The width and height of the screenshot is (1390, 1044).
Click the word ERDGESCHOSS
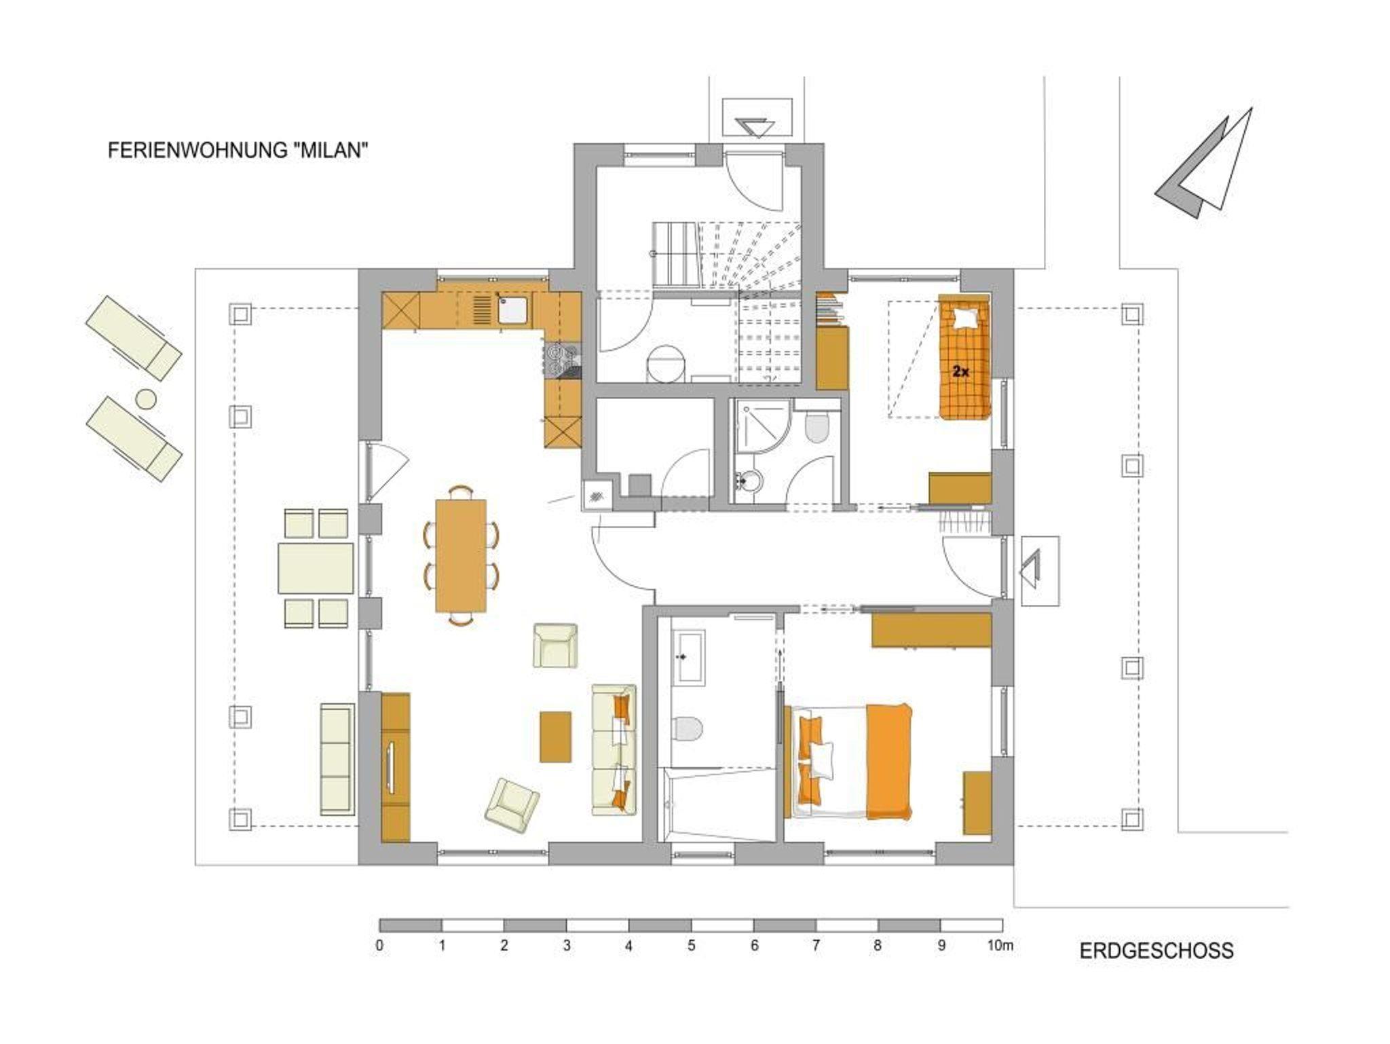(x=1157, y=950)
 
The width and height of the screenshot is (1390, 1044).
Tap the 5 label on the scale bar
(x=691, y=946)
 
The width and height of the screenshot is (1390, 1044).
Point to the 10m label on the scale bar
(x=999, y=946)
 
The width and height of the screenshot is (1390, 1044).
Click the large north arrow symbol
(x=1204, y=164)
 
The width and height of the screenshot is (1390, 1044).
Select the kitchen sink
(x=513, y=310)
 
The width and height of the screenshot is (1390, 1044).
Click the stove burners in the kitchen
(x=563, y=360)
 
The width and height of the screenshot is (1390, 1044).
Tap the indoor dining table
(x=461, y=555)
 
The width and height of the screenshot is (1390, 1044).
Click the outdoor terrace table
(x=316, y=567)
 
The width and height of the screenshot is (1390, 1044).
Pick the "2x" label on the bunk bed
(x=960, y=371)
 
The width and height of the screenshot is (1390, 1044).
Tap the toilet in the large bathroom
(x=688, y=728)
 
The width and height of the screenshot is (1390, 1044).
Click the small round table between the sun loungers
(x=145, y=398)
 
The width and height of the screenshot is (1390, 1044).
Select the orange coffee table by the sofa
(x=555, y=737)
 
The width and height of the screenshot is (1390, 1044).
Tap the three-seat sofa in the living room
(x=614, y=749)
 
